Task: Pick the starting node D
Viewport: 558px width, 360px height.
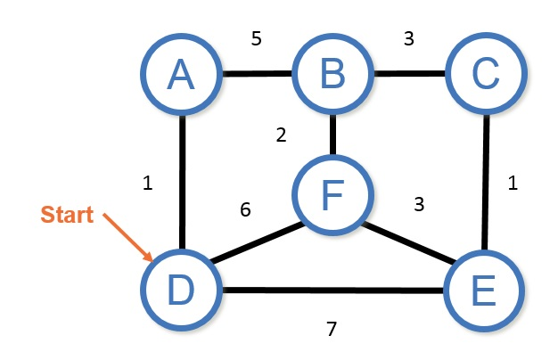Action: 181,290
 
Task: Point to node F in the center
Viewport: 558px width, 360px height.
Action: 333,193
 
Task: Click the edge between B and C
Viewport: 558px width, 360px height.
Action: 409,76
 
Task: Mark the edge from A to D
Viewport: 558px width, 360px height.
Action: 182,183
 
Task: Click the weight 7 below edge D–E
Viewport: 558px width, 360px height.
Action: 331,329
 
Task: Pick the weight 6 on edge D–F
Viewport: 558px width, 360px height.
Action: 246,209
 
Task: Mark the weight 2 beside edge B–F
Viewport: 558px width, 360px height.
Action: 281,135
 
